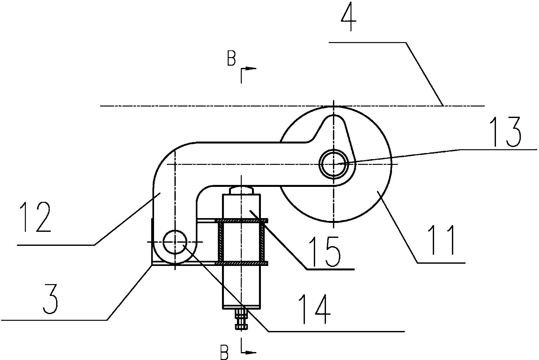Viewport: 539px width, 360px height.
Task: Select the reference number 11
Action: pos(442,240)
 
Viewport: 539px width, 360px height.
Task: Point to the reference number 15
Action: pos(325,252)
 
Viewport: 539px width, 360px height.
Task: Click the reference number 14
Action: pos(314,309)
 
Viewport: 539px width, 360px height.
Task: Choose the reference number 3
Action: pos(50,299)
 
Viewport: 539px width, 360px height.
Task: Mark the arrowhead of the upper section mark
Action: pos(252,69)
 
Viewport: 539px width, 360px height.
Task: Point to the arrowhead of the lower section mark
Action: pos(251,353)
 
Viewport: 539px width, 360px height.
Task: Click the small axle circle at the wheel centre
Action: pos(334,164)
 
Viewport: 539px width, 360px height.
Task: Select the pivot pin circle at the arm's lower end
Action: pos(175,242)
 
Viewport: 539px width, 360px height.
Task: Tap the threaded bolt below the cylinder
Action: pos(241,319)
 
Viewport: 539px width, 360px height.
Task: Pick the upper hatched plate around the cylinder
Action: pos(241,220)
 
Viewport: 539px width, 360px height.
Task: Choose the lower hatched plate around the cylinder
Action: pos(241,263)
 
